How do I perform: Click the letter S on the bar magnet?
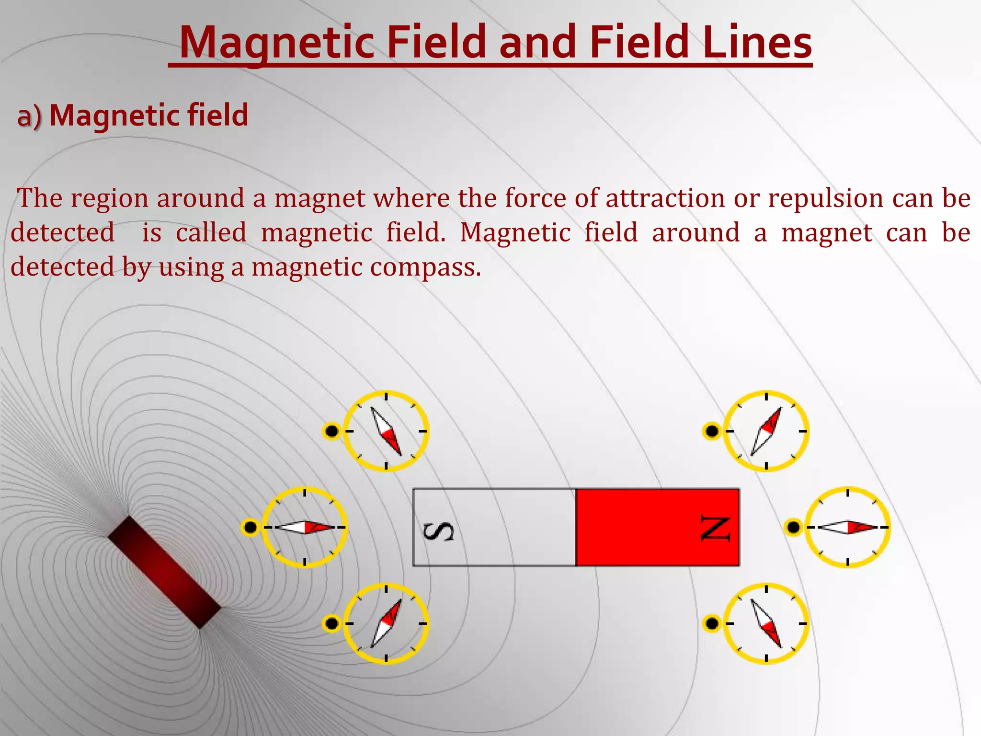438,531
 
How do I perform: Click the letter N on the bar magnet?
715,529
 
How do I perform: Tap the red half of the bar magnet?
657,527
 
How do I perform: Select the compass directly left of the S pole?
305,527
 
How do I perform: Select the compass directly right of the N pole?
847,527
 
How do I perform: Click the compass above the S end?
386,431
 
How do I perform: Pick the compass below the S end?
386,623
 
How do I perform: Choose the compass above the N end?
766,431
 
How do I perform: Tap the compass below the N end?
766,623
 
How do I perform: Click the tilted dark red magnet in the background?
164,572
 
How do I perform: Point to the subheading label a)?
29,116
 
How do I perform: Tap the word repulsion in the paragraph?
825,198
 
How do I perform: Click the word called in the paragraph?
211,232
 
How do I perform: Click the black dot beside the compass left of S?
250,527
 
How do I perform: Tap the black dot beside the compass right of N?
793,527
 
